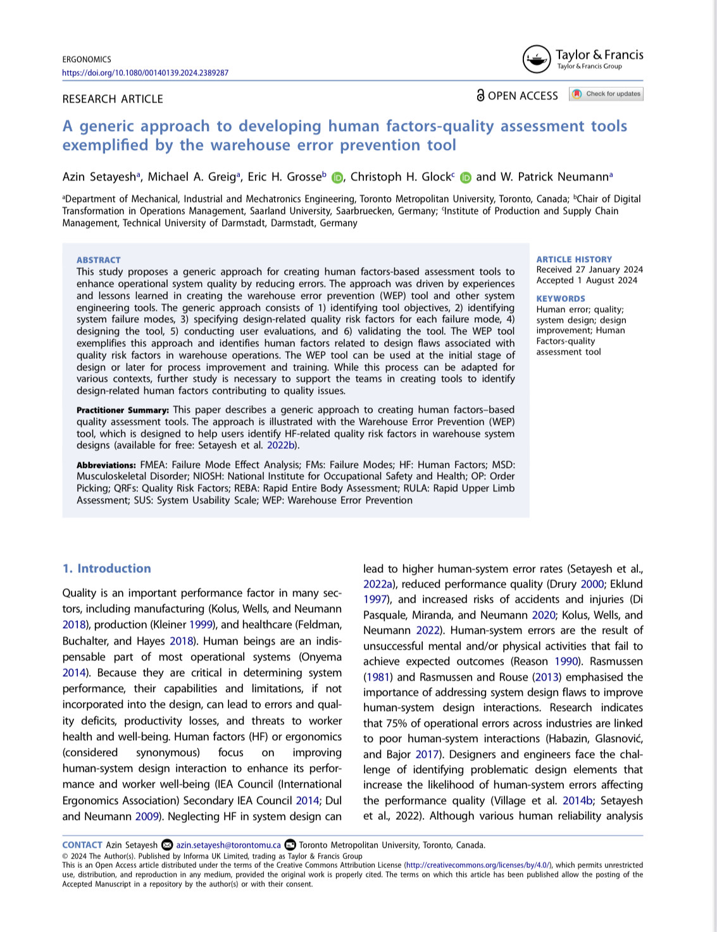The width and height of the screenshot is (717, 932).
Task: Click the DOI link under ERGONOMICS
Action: pyautogui.click(x=145, y=73)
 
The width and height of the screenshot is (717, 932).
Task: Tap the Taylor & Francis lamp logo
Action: pyautogui.click(x=537, y=60)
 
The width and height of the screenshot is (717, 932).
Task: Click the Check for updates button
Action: pyautogui.click(x=606, y=94)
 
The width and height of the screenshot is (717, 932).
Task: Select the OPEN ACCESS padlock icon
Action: pyautogui.click(x=481, y=96)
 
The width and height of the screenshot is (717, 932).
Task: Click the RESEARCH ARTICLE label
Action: pyautogui.click(x=113, y=99)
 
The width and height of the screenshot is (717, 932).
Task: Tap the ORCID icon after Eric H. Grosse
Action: pyautogui.click(x=337, y=178)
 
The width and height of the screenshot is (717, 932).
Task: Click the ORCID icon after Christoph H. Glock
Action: pyautogui.click(x=466, y=178)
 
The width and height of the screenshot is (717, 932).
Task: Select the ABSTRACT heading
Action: pyautogui.click(x=98, y=260)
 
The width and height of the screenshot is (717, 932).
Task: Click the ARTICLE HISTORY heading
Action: pyautogui.click(x=574, y=259)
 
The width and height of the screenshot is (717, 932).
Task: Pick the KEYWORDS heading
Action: pyautogui.click(x=561, y=299)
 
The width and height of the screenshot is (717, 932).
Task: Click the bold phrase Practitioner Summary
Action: pyautogui.click(x=122, y=410)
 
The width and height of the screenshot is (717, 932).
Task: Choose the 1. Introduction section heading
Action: pyautogui.click(x=106, y=569)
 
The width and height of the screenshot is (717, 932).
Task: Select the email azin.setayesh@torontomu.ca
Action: pyautogui.click(x=228, y=845)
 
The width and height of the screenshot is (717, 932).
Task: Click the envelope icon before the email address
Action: pyautogui.click(x=167, y=845)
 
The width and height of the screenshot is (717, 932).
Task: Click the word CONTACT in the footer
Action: pyautogui.click(x=82, y=845)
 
